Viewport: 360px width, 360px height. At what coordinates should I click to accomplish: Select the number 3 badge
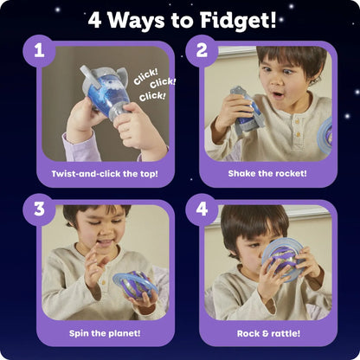coord(38,210)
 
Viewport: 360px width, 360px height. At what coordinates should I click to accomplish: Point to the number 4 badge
coord(202,210)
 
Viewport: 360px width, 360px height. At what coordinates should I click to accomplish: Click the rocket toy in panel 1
coord(104,104)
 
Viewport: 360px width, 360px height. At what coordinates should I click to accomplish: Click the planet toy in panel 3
coord(132,286)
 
